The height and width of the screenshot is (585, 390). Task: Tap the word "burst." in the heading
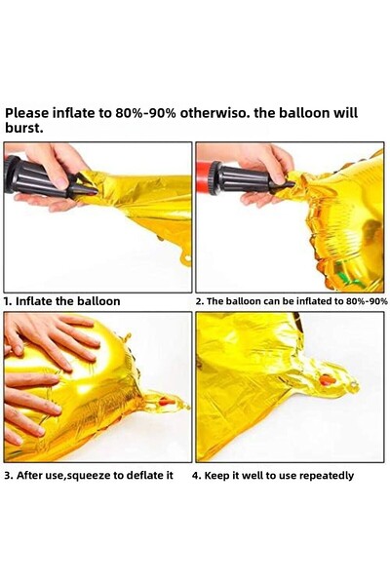[23, 128]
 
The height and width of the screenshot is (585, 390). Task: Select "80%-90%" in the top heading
[145, 113]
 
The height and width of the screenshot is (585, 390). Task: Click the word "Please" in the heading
[27, 113]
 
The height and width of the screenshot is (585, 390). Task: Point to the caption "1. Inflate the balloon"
[62, 301]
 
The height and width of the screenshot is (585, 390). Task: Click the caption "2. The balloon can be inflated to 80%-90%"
[292, 301]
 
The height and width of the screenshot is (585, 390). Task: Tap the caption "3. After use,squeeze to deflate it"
[89, 476]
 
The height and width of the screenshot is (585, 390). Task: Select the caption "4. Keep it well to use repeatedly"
[273, 476]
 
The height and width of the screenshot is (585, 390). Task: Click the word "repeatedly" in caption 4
[327, 476]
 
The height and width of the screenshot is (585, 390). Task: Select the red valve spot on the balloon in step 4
[328, 380]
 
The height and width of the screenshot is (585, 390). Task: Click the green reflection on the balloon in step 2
[349, 274]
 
